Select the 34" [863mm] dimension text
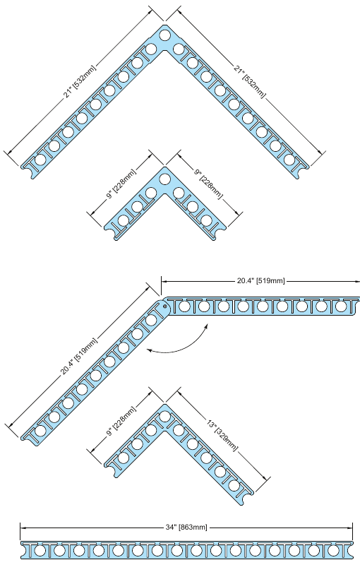[186, 527]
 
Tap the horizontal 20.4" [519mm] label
[260, 281]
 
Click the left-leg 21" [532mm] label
[80, 82]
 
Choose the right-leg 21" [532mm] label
[249, 82]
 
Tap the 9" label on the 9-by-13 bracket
[121, 421]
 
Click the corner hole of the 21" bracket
[165, 35]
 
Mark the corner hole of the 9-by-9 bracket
[165, 179]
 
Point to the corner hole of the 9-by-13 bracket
[165, 416]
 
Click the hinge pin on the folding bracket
[165, 306]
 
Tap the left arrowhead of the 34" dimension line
[23, 527]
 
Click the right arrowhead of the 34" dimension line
[350, 527]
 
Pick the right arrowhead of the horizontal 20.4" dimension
[357, 281]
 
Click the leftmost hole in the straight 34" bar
[40, 551]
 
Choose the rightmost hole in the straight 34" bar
[333, 551]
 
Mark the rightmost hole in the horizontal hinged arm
[342, 306]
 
